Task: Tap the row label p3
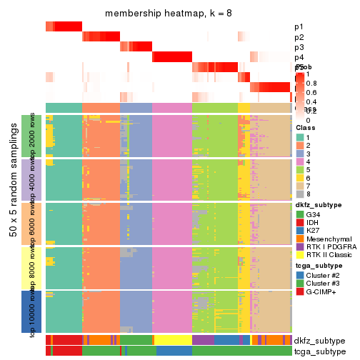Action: pos(299,47)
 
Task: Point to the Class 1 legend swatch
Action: pos(300,137)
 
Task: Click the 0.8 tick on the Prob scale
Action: pos(311,84)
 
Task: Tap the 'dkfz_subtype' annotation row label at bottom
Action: pos(319,341)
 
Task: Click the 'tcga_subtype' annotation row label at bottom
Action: pos(319,351)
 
